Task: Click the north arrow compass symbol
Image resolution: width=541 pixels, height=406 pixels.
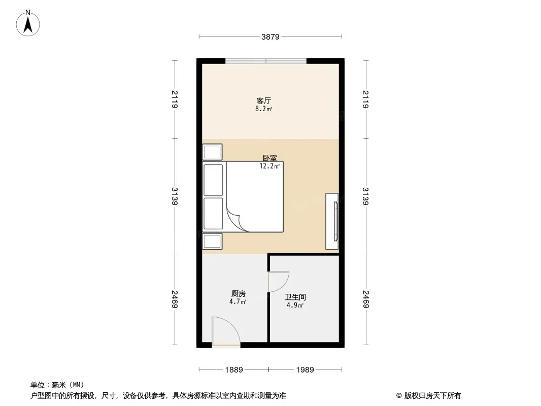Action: (28, 23)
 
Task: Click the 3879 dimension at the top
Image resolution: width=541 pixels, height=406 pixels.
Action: (270, 37)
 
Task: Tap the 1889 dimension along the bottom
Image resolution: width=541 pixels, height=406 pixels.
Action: (234, 370)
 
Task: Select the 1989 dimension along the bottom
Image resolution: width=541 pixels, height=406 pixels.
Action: (305, 370)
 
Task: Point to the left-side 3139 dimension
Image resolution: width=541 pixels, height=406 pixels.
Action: (175, 196)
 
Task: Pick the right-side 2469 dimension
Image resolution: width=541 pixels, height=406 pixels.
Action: (366, 299)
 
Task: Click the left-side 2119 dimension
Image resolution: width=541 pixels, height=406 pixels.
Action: (175, 99)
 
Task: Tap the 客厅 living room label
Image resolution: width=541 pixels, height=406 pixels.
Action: (263, 100)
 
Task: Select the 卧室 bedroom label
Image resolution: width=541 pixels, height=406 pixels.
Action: (270, 158)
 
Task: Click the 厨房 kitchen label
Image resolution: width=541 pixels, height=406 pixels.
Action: (239, 293)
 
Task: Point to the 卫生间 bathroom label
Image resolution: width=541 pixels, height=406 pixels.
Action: (295, 297)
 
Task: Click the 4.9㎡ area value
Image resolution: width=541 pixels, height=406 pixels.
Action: (295, 306)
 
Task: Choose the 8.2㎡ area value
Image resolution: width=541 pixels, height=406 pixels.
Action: (263, 109)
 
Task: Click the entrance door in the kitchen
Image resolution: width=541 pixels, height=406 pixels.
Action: (226, 331)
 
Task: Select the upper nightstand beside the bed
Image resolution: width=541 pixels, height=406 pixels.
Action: (212, 152)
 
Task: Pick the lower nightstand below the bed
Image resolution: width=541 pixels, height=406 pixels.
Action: (212, 242)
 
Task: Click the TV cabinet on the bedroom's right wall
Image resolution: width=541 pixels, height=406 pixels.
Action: (332, 221)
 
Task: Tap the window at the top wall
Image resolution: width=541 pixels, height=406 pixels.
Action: (266, 61)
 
